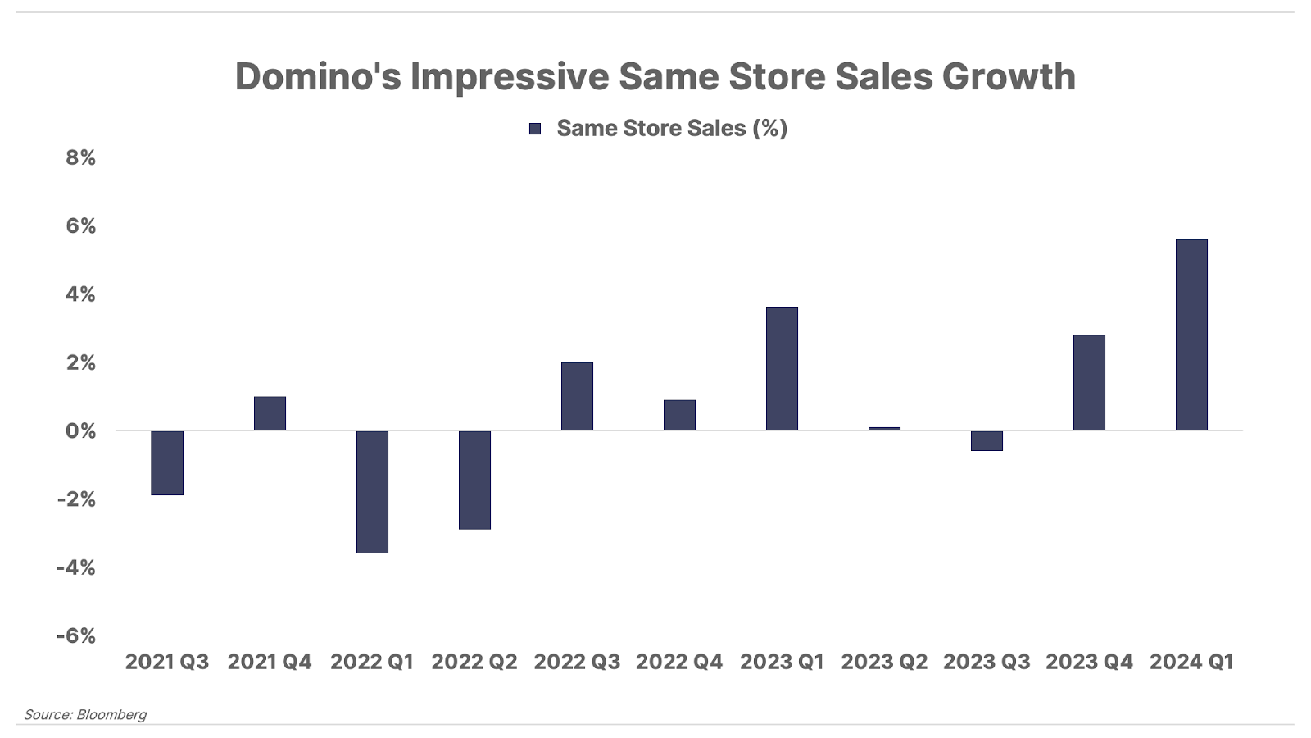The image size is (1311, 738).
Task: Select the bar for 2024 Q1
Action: coord(1191,335)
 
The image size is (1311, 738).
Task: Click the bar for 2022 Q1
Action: coord(372,492)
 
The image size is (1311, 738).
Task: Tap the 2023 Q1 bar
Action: coord(782,369)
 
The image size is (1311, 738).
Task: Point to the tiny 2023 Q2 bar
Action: coord(884,429)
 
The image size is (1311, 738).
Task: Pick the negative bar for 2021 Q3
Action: coord(167,462)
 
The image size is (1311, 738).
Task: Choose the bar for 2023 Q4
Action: coord(1089,383)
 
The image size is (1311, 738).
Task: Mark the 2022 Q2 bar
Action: coord(474,480)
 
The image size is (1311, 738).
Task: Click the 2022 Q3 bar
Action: coord(577,396)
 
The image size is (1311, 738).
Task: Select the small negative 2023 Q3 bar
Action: coord(987,440)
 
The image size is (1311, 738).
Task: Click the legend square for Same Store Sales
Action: coord(535,129)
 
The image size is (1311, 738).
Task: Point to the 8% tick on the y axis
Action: coord(81,157)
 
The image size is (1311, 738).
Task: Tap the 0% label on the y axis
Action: coord(81,431)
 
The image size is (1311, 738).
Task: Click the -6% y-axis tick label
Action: coord(76,636)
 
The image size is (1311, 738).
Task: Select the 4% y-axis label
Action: coord(81,294)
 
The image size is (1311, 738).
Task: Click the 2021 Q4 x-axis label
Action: coord(270,662)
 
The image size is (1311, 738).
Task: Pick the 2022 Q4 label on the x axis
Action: coord(679,662)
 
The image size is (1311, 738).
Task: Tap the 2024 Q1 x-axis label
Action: coord(1191,662)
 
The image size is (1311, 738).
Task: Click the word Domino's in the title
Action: coord(318,76)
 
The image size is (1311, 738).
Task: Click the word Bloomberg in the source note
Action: coord(111,714)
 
